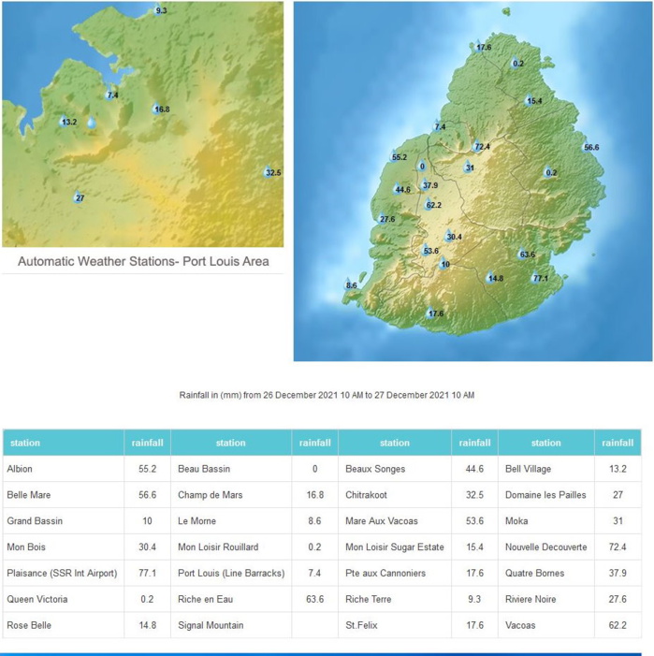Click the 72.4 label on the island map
(x=482, y=147)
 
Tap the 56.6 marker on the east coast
(x=591, y=148)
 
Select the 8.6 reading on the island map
(x=352, y=284)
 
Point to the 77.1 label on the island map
(x=541, y=278)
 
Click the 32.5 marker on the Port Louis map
(x=272, y=173)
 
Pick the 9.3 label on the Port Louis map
(x=161, y=10)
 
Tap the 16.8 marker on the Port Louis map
(x=161, y=109)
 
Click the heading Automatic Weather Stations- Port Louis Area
(x=143, y=261)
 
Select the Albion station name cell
(x=20, y=468)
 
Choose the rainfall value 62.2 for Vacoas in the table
(x=618, y=625)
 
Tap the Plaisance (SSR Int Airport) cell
(x=62, y=573)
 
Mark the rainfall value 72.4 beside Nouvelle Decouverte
(x=618, y=547)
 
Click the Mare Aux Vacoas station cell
(x=382, y=520)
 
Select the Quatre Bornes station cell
(x=534, y=573)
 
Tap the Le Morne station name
(x=197, y=520)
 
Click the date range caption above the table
(x=327, y=395)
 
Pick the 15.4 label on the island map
(x=534, y=101)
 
